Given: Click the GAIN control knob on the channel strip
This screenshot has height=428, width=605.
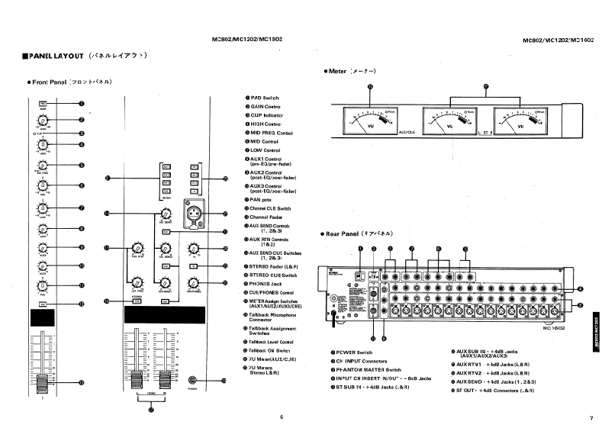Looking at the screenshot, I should [x=43, y=119].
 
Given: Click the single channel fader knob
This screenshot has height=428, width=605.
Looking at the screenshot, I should [x=43, y=380].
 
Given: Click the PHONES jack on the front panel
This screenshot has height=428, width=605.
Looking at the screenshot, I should [x=196, y=380].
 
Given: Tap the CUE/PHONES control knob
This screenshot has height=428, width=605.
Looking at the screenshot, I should [x=194, y=283].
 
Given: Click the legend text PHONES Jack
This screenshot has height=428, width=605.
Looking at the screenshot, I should [x=266, y=283].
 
